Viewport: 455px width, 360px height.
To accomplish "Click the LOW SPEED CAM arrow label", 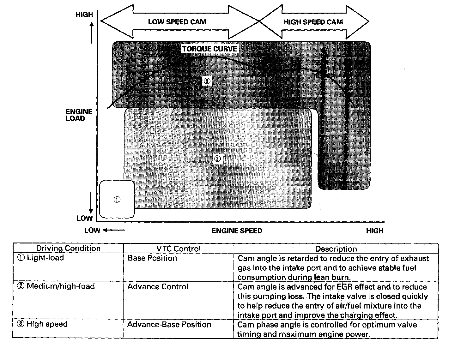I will pos(177,22).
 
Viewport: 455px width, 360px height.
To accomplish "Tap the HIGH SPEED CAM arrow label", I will pos(313,22).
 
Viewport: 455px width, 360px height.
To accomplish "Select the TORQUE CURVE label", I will pos(209,49).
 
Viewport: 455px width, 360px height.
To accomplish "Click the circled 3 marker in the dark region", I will pos(207,81).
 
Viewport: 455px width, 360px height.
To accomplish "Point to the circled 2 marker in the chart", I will pos(217,159).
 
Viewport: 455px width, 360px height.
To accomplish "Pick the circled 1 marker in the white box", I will pos(117,200).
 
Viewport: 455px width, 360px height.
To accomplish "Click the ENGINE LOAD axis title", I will pos(79,115).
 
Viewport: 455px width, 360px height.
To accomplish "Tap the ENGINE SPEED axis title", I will pos(237,231).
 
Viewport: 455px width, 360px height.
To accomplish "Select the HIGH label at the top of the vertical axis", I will pos(84,15).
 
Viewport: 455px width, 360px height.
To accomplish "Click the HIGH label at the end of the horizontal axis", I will pos(375,231).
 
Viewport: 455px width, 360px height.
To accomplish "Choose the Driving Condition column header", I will pos(68,249).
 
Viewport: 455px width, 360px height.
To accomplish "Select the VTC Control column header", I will pos(179,249).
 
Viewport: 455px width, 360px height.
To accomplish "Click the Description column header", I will pos(336,249).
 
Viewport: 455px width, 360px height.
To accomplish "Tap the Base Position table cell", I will pos(152,258).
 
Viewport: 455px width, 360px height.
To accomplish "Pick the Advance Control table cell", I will pos(158,287).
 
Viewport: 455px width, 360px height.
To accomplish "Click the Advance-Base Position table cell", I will pos(169,325).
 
